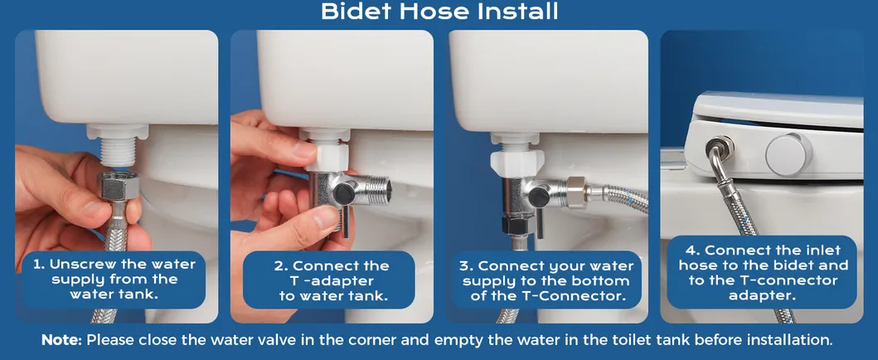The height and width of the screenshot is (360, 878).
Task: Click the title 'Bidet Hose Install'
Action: pyautogui.click(x=439, y=12)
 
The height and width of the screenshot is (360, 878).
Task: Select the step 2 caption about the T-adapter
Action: pyautogui.click(x=333, y=280)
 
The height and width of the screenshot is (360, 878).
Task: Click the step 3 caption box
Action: pyautogui.click(x=547, y=280)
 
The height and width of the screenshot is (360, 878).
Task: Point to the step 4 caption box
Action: pyautogui.click(x=763, y=272)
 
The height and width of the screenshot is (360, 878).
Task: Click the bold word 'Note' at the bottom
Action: pyautogui.click(x=63, y=340)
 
